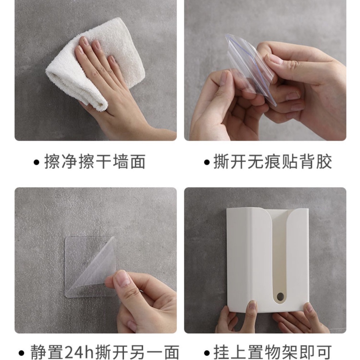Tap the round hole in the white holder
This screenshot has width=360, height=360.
click(280, 297)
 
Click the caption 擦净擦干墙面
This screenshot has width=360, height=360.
click(95, 162)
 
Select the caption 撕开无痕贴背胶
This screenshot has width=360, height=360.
click(272, 162)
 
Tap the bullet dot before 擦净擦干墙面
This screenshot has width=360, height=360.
click(37, 162)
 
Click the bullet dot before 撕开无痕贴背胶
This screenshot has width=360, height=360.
click(207, 162)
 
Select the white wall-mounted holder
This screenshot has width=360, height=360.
click(268, 259)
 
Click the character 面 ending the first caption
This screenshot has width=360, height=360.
click(138, 162)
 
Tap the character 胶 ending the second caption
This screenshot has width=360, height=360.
click(324, 162)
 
